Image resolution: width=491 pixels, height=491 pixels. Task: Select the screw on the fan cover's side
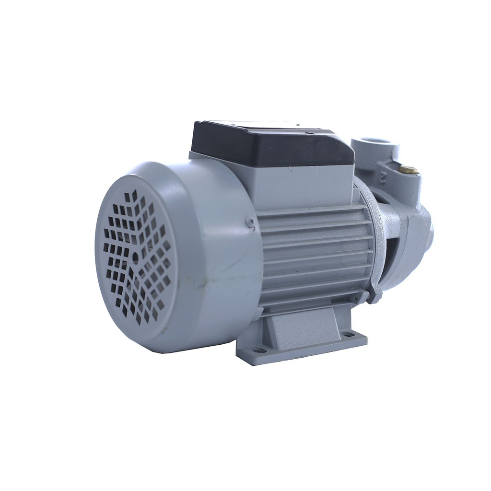[x=250, y=222]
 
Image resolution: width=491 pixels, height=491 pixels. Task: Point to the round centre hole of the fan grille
[x=135, y=257]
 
